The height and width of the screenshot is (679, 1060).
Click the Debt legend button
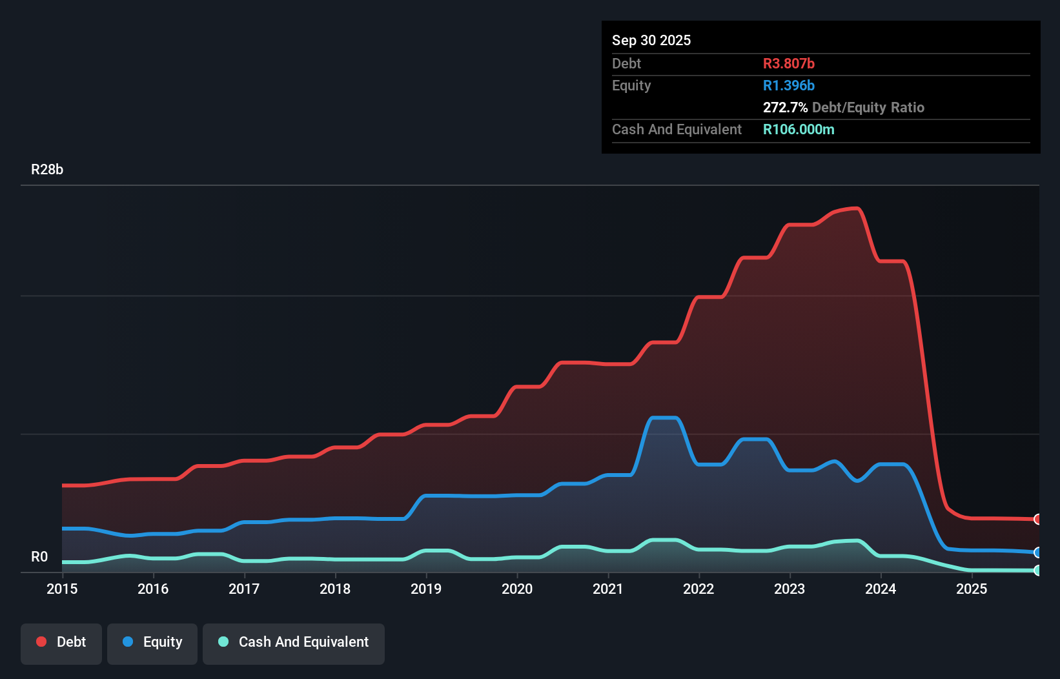[x=61, y=642]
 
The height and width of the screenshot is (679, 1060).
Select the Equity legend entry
[x=152, y=642]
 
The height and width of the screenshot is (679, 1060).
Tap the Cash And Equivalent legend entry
[x=294, y=642]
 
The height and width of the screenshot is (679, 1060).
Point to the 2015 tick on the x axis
[x=62, y=589]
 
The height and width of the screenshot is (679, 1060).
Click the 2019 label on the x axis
[x=426, y=589]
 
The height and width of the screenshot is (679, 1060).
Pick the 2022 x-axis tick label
[x=698, y=589]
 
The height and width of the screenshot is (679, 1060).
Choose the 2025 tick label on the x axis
[x=972, y=589]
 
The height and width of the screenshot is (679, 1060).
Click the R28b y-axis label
[x=47, y=170]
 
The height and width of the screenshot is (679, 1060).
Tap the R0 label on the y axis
[x=39, y=557]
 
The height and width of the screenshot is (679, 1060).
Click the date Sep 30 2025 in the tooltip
[x=651, y=40]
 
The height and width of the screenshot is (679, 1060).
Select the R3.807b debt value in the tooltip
[x=788, y=63]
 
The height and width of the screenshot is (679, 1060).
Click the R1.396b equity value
[x=788, y=85]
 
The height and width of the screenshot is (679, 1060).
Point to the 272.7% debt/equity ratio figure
[x=785, y=107]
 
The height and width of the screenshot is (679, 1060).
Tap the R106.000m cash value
[x=799, y=129]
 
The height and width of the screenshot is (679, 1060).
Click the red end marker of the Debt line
[x=1037, y=519]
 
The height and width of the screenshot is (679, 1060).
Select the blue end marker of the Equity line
[x=1037, y=552]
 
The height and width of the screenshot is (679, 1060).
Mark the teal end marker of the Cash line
[x=1037, y=571]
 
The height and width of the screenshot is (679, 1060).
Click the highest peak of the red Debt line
[x=855, y=208]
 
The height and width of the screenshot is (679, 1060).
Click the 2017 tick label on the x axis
[x=244, y=589]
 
